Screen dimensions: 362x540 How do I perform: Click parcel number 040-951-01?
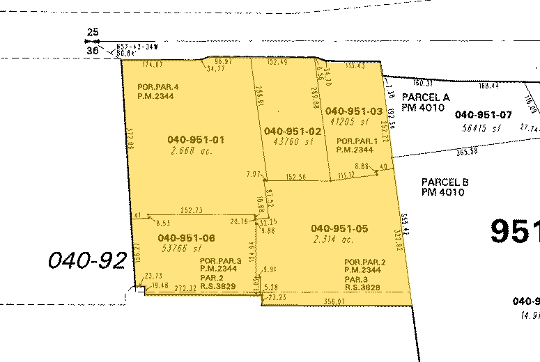196,140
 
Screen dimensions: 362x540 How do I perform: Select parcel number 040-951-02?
293,131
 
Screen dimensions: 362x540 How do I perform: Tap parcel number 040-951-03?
354,111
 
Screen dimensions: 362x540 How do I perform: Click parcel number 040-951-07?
484,114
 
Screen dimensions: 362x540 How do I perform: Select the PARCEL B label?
445,182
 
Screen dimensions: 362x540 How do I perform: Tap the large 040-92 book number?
87,261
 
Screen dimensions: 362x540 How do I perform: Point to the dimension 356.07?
334,301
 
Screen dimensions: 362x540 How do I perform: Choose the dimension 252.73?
191,210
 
